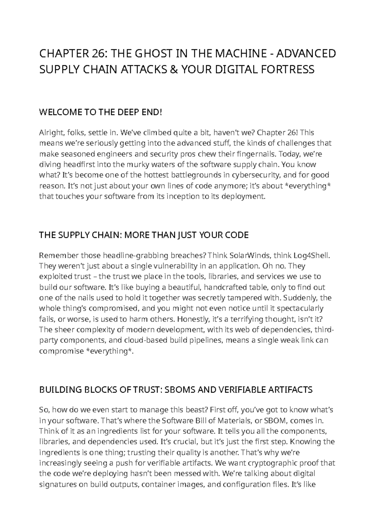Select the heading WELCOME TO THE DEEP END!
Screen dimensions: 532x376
pos(101,112)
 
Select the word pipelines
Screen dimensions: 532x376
pos(202,340)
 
